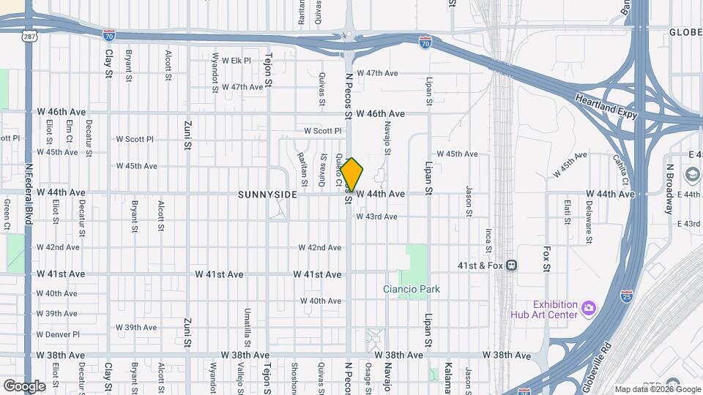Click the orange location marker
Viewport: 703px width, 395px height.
(x=352, y=175)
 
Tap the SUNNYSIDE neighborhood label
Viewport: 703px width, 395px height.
(x=267, y=195)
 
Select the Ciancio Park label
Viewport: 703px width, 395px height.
(x=412, y=289)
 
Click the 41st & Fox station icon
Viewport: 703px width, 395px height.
(x=511, y=266)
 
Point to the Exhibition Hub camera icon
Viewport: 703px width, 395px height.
(x=588, y=308)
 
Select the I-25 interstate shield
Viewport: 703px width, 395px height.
(x=626, y=296)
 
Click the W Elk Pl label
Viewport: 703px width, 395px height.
(x=237, y=61)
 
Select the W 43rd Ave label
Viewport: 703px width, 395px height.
(x=376, y=217)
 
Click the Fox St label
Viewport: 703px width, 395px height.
(x=546, y=258)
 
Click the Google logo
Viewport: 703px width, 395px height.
(x=24, y=385)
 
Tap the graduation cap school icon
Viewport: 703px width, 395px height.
(x=692, y=175)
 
